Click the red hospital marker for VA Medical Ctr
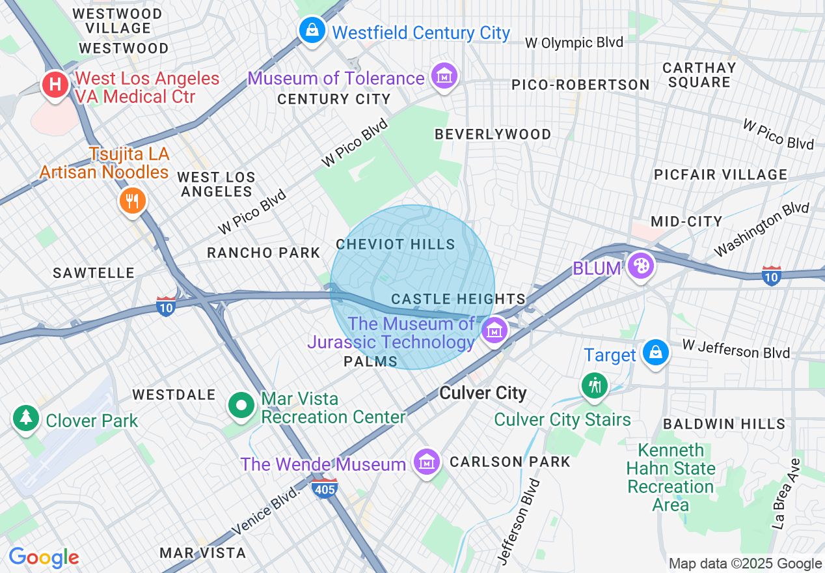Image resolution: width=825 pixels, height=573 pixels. (x=55, y=85)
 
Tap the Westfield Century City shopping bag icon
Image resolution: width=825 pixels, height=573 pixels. (x=312, y=30)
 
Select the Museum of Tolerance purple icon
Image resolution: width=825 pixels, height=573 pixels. (x=444, y=76)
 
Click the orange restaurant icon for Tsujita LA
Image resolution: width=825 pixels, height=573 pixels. (x=132, y=201)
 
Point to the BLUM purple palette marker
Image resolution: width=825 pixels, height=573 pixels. (x=641, y=266)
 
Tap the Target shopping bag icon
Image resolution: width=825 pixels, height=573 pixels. (x=655, y=352)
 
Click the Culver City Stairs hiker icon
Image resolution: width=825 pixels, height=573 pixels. (x=594, y=385)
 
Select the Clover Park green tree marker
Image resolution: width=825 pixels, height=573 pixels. (x=25, y=418)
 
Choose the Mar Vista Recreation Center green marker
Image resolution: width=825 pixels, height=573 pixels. (x=241, y=406)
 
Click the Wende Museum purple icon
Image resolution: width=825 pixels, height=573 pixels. (x=426, y=462)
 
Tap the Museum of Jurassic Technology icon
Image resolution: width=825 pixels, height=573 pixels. (x=494, y=329)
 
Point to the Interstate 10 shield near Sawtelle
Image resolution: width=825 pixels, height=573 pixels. (x=166, y=306)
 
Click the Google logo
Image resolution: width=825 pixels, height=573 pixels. (x=44, y=557)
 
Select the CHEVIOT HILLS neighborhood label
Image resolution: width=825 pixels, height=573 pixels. (x=396, y=244)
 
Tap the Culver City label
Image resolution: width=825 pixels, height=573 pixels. (x=483, y=393)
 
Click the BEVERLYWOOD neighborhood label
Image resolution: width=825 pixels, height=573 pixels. (x=493, y=134)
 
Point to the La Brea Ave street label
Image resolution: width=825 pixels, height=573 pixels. (x=785, y=494)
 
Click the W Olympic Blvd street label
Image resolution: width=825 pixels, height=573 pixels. (x=574, y=43)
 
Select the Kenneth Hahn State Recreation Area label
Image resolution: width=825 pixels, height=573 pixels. (x=671, y=477)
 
